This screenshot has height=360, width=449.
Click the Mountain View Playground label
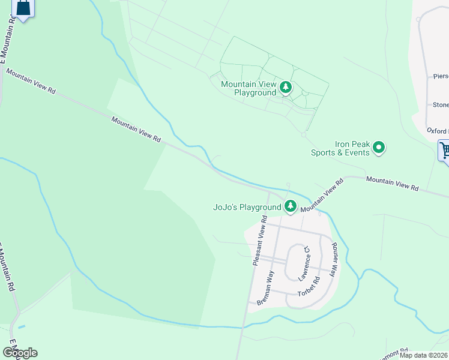point(248,88)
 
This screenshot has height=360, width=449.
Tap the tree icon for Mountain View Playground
point(286,88)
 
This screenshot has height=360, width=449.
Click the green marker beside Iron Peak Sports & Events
point(379,147)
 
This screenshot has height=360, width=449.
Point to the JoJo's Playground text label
point(247,207)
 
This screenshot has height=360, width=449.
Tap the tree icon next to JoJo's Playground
point(291,206)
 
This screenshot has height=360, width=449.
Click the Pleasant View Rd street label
point(259,241)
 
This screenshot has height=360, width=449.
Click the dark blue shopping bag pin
point(23,8)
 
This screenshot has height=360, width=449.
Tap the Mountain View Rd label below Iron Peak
point(392,183)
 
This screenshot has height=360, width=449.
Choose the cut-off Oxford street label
point(438,130)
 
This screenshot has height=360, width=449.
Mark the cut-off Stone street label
point(441,105)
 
